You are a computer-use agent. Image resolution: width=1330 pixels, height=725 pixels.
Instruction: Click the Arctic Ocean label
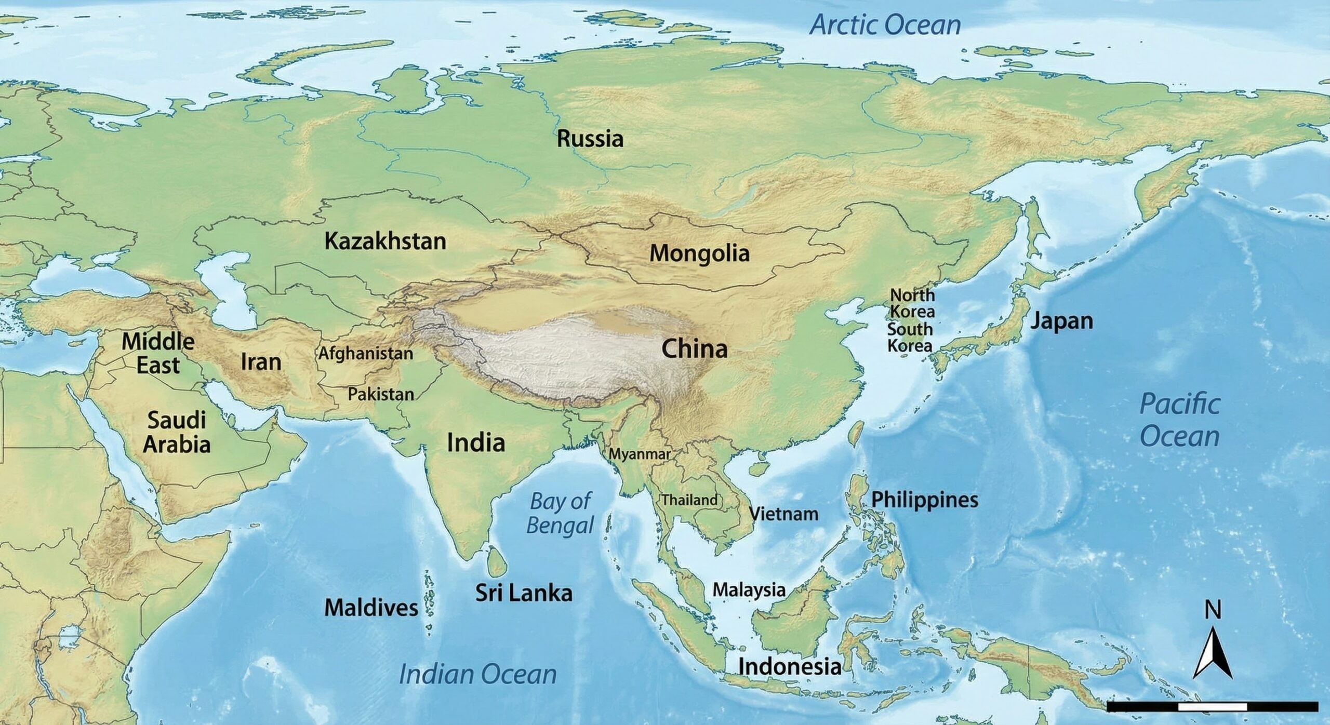click(886, 25)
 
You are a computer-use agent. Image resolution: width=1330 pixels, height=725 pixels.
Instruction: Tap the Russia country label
click(590, 139)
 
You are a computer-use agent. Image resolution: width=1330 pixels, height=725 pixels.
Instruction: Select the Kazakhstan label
click(385, 241)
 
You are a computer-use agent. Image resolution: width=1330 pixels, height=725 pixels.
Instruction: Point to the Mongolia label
click(699, 253)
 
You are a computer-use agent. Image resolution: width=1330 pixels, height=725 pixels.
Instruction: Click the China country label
click(694, 349)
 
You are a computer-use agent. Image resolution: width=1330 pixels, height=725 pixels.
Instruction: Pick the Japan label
click(1061, 321)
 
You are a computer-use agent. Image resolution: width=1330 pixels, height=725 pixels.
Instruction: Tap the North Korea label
click(912, 303)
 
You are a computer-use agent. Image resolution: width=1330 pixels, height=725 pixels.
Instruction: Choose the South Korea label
click(910, 337)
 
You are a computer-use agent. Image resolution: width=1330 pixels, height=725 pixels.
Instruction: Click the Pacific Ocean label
click(1179, 420)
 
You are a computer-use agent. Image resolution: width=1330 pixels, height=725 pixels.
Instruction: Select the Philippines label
click(924, 500)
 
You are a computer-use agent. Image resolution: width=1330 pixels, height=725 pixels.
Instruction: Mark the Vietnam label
click(783, 514)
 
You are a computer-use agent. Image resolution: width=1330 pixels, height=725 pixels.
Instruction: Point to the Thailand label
click(689, 500)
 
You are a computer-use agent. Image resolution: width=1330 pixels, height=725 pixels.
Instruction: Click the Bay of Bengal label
click(560, 513)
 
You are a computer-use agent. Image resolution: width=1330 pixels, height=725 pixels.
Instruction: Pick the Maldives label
click(371, 608)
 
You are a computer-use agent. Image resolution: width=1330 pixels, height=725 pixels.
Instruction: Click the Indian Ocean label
click(477, 674)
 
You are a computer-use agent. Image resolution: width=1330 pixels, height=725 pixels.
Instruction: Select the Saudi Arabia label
click(177, 432)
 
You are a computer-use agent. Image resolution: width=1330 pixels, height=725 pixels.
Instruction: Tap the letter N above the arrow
click(1213, 610)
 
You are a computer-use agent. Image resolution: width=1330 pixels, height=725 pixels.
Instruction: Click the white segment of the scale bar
click(1212, 707)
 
